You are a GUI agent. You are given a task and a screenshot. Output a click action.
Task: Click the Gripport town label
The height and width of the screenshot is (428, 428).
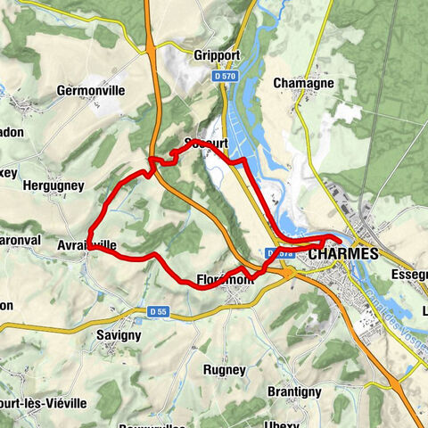(217, 55)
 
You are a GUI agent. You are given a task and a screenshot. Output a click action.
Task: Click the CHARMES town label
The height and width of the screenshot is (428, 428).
(343, 254)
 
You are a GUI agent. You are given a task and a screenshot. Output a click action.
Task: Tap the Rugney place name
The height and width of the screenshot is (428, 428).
(224, 369)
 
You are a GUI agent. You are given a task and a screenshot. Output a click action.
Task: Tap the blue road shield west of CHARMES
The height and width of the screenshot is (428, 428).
(280, 254)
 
